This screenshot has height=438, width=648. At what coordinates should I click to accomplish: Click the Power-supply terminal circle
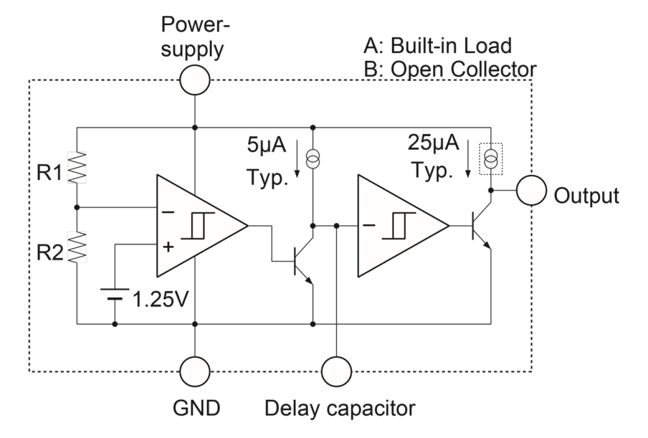(195, 80)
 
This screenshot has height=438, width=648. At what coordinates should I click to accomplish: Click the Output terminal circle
(531, 190)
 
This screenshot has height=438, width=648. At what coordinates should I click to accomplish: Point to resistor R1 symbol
(76, 167)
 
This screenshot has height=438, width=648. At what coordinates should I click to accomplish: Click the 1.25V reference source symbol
(115, 295)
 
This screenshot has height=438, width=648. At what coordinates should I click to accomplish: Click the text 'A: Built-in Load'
(438, 46)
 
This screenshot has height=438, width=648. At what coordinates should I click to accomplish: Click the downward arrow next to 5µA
(297, 160)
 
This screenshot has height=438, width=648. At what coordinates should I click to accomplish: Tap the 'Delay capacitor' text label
(339, 409)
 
